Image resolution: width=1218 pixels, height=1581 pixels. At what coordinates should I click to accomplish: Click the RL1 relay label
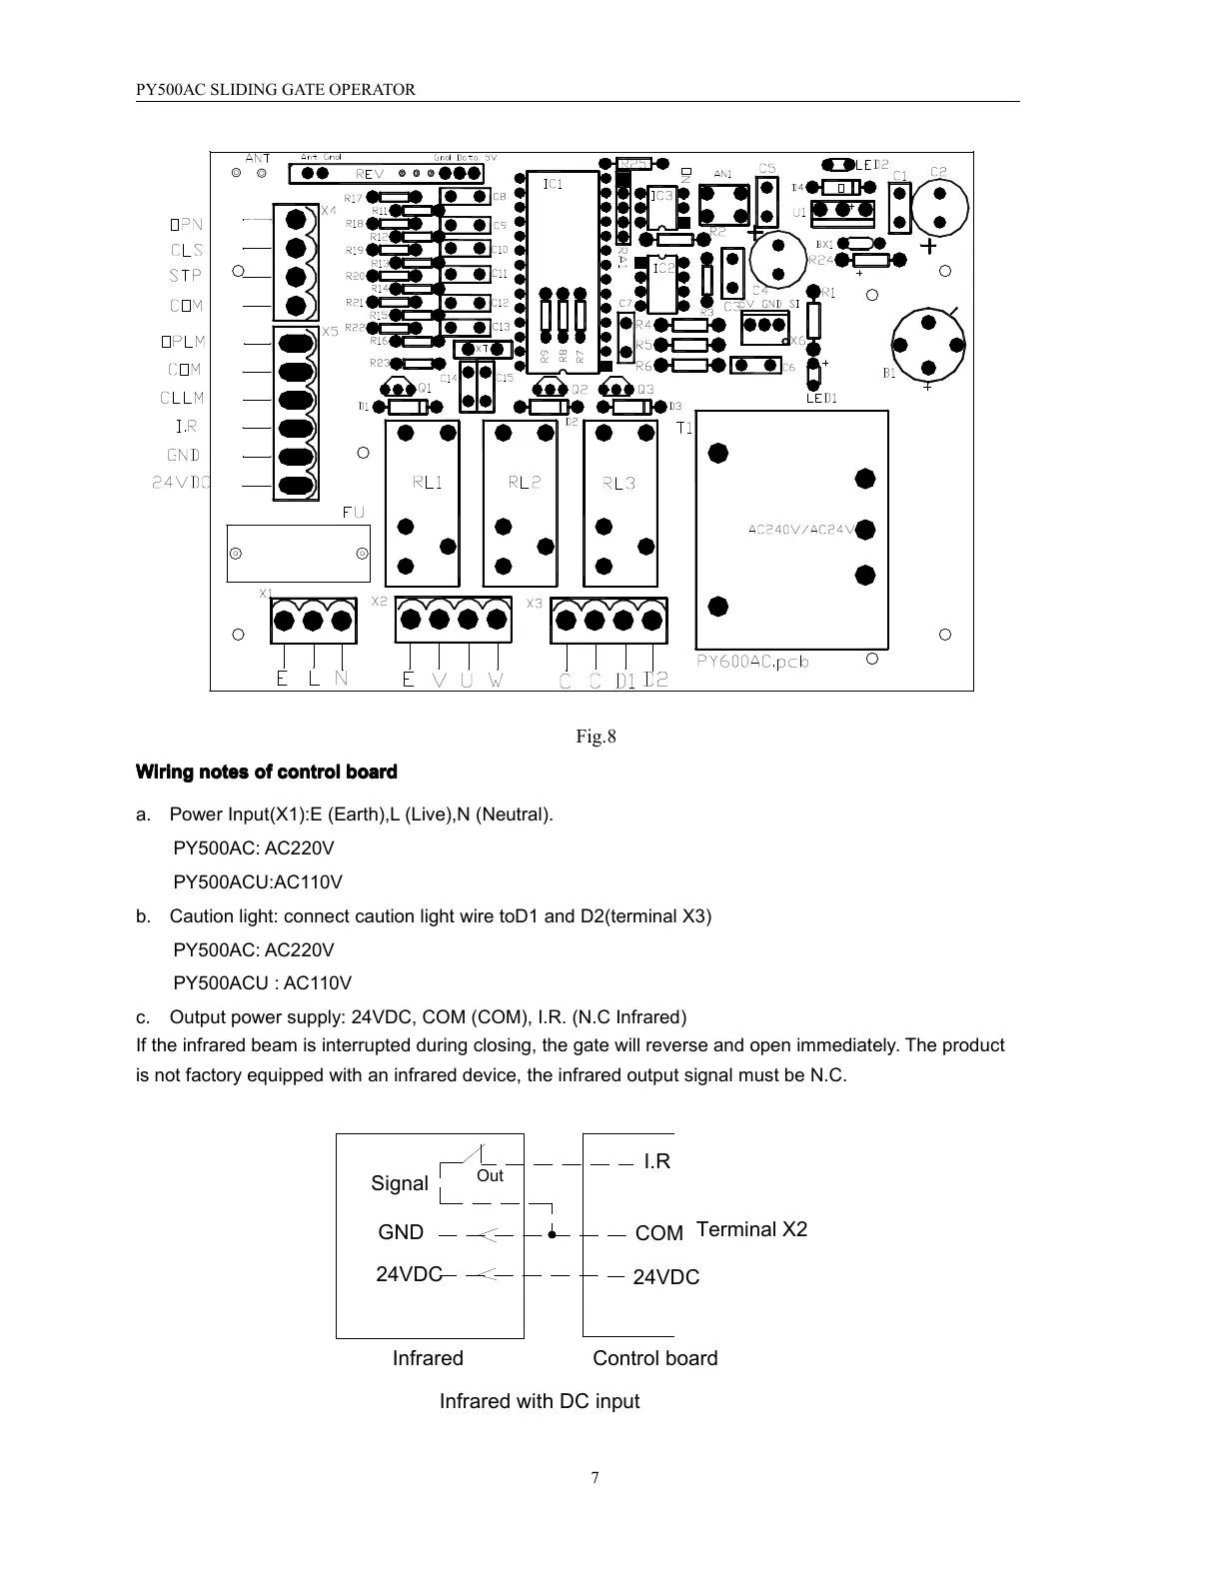pyautogui.click(x=427, y=483)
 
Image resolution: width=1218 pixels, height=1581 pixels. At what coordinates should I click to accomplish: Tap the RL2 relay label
pyautogui.click(x=524, y=483)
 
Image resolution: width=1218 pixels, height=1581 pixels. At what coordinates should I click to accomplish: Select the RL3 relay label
pyautogui.click(x=618, y=483)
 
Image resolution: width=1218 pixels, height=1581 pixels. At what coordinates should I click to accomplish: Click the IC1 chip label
pyautogui.click(x=553, y=184)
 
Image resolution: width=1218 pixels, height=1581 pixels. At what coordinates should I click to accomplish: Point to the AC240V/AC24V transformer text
pyautogui.click(x=802, y=530)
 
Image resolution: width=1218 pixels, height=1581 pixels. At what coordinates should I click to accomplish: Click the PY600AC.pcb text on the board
pyautogui.click(x=752, y=661)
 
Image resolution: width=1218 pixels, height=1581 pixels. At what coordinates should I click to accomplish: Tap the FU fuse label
pyautogui.click(x=354, y=512)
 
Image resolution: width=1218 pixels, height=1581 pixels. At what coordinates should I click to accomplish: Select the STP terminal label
pyautogui.click(x=186, y=276)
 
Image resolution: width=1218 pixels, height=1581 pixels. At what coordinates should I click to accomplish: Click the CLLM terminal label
pyautogui.click(x=182, y=398)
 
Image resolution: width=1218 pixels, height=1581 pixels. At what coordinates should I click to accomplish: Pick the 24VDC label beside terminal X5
pyautogui.click(x=180, y=482)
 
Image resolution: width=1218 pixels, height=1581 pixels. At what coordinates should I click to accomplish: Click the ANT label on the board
pyautogui.click(x=258, y=158)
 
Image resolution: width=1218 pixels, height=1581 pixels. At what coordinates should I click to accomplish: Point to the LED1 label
pyautogui.click(x=821, y=398)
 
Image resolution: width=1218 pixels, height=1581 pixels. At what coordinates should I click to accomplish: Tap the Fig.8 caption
pyautogui.click(x=596, y=737)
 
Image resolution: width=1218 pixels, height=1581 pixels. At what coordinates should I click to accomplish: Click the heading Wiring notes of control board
pyautogui.click(x=267, y=772)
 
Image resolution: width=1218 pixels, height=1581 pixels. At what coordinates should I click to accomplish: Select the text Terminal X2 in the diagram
pyautogui.click(x=751, y=1229)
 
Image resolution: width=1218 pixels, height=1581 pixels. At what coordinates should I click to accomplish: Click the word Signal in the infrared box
pyautogui.click(x=399, y=1183)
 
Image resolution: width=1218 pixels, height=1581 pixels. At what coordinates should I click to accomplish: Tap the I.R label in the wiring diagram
pyautogui.click(x=656, y=1161)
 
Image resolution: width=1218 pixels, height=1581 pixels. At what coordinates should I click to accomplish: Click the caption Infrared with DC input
pyautogui.click(x=540, y=1401)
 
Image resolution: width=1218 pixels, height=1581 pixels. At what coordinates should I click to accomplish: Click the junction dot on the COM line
pyautogui.click(x=552, y=1233)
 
